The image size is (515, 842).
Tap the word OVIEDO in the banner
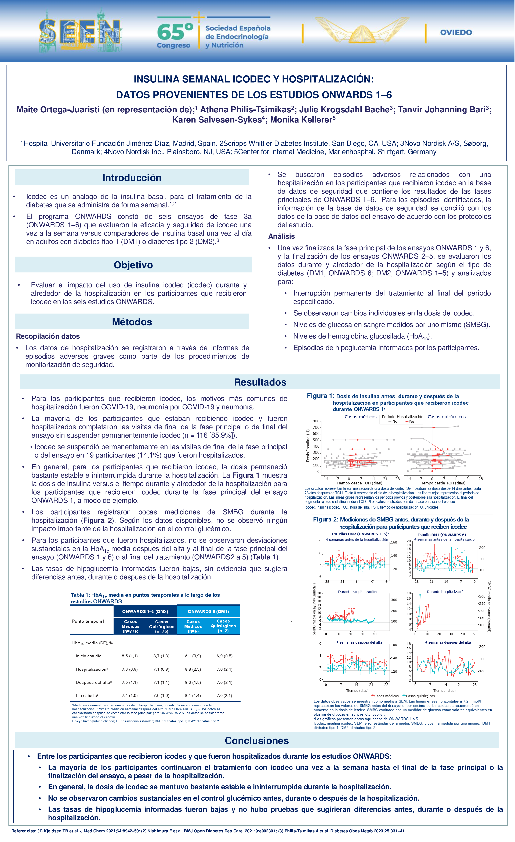456,33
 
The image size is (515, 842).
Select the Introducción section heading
132,178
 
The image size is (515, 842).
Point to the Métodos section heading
132,322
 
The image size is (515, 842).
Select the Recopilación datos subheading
48,336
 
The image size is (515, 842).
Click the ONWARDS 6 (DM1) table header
208,611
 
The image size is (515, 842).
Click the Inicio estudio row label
88,656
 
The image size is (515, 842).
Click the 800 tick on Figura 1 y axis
316,421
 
